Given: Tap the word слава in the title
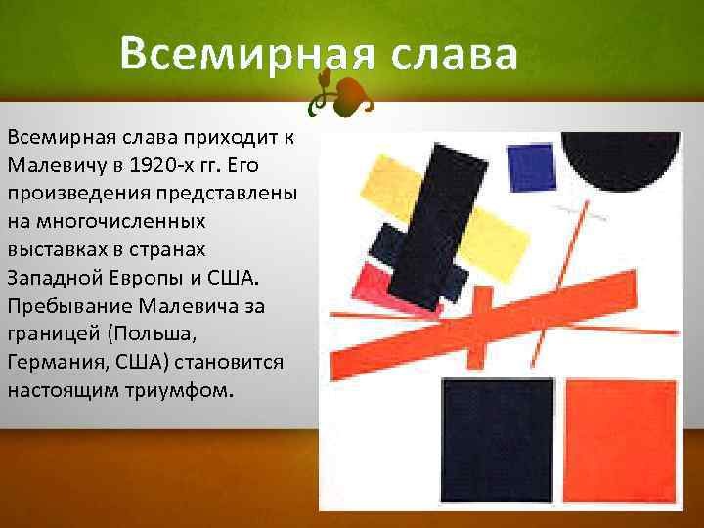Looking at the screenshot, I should tap(454, 54).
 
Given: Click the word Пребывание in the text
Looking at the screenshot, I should tap(66, 287).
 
